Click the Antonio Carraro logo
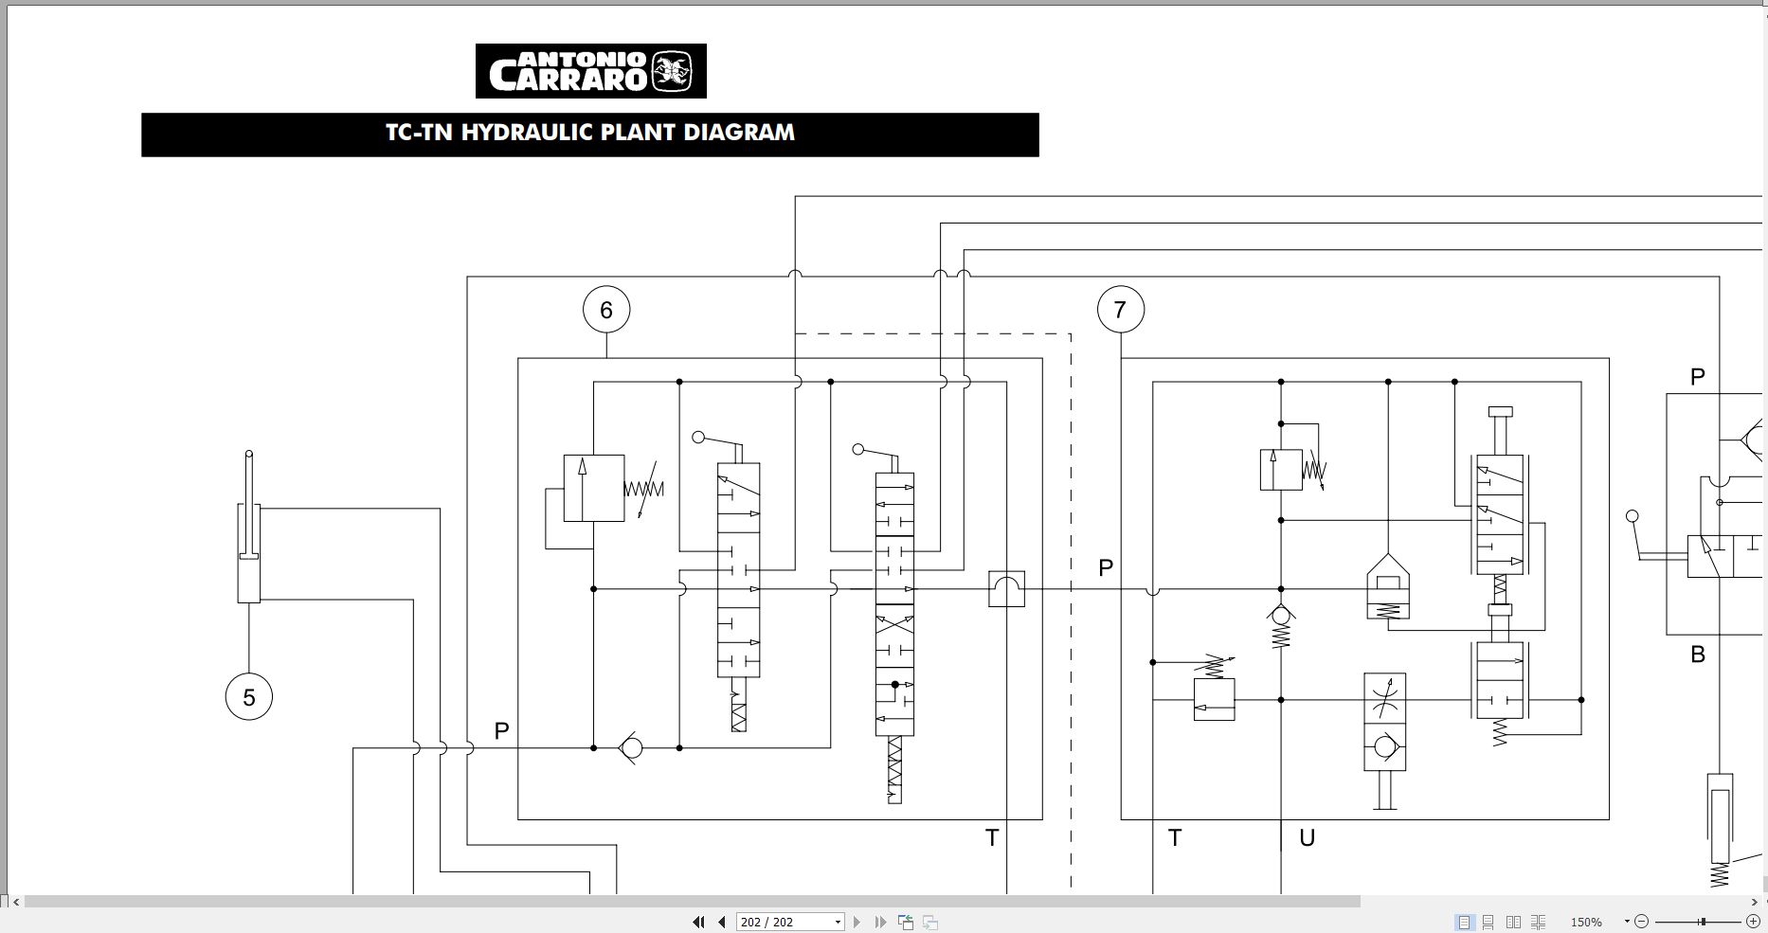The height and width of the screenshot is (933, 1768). click(x=590, y=71)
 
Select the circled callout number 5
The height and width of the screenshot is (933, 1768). click(x=249, y=697)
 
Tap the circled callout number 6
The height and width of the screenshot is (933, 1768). click(x=606, y=310)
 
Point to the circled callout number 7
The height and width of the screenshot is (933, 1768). click(x=1120, y=310)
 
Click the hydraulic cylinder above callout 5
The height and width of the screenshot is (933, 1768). click(x=248, y=554)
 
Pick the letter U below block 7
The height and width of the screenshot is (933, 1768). click(x=1307, y=838)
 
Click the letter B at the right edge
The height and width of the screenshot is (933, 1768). click(x=1698, y=655)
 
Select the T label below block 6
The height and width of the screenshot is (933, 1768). click(x=992, y=838)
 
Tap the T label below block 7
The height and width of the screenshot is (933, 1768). click(x=1175, y=838)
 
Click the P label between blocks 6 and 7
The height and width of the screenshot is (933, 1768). click(x=1106, y=568)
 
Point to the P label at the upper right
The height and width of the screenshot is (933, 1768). click(x=1698, y=377)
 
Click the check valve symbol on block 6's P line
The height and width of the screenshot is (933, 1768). click(x=630, y=748)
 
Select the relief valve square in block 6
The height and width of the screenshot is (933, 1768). click(x=593, y=488)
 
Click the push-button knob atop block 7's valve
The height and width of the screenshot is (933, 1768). click(x=1500, y=412)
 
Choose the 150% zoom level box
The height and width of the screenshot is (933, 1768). click(x=1588, y=922)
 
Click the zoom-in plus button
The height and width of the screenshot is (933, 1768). click(x=1753, y=922)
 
